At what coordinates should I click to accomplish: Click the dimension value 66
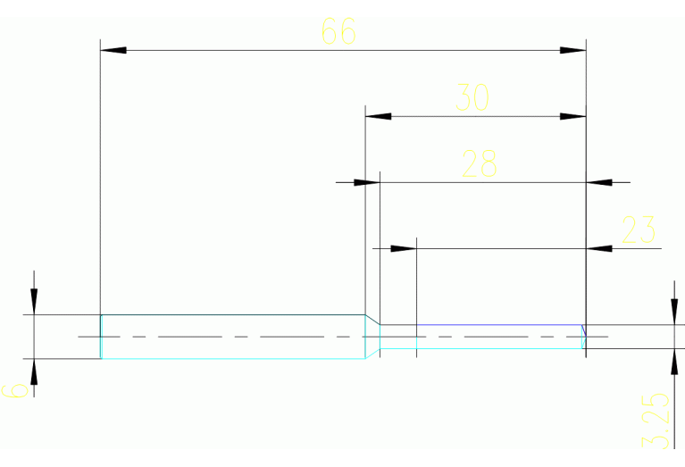[338, 32]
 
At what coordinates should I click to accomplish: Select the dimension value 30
[472, 97]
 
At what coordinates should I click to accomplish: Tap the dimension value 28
[480, 163]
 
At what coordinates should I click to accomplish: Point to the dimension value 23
[639, 229]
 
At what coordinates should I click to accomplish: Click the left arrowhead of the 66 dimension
[113, 50]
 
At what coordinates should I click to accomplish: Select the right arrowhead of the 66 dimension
[573, 50]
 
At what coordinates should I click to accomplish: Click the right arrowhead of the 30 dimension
[573, 116]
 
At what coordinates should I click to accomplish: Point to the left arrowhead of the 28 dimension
[367, 182]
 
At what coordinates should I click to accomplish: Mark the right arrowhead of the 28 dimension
[599, 182]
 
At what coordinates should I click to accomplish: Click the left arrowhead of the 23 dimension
[405, 248]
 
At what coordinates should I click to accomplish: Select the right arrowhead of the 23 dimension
[599, 248]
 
